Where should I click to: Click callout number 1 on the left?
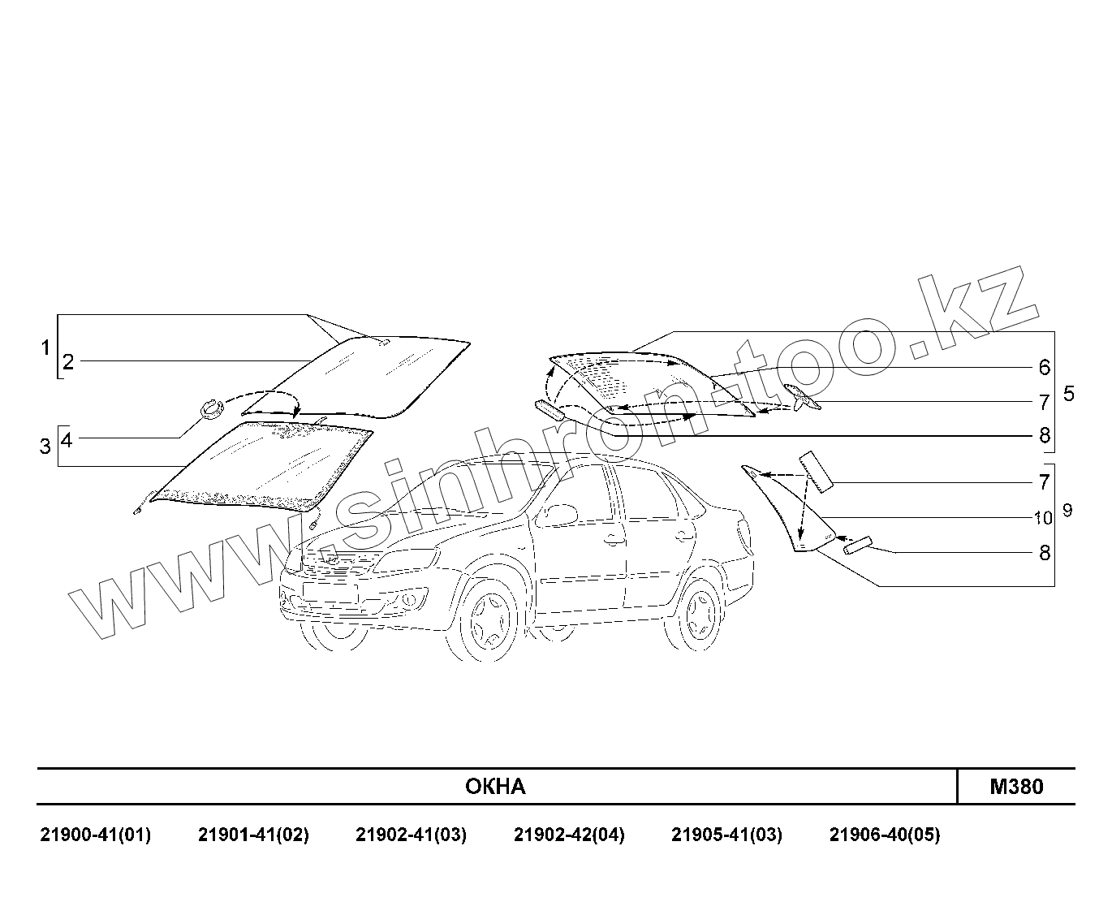pos(45,349)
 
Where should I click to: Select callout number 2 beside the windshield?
pos(68,362)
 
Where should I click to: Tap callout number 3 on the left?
pos(45,446)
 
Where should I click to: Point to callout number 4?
pos(67,440)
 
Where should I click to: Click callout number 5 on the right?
pos(1068,395)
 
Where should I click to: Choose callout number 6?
pos(1045,368)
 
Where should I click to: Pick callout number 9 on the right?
pos(1067,511)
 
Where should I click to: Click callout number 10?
pos(1043,517)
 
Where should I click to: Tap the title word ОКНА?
pos(495,787)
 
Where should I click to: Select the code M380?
pos(1016,787)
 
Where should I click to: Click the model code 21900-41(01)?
pos(96,835)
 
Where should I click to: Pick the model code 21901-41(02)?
pos(253,835)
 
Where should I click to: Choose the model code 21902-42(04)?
pos(569,835)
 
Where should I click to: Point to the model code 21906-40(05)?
pos(885,835)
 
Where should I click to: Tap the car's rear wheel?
pos(696,615)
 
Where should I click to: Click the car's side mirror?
pos(559,514)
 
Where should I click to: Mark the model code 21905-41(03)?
pos(726,835)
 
